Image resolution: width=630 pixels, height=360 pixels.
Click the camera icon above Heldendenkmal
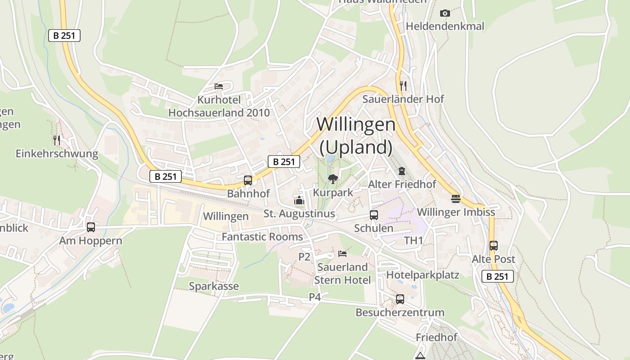click(445, 13)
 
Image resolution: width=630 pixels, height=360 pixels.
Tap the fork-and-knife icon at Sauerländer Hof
click(403, 85)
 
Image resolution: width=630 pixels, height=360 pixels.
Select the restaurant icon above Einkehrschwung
click(57, 140)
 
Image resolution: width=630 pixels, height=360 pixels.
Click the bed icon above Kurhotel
click(219, 86)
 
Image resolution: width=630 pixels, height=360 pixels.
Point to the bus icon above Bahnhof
click(247, 180)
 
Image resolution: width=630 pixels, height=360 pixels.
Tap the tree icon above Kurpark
click(333, 179)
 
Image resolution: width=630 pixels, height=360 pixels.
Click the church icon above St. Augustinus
click(299, 200)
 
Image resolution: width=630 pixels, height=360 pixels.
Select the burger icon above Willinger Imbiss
click(456, 198)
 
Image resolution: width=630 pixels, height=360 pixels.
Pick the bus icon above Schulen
click(373, 215)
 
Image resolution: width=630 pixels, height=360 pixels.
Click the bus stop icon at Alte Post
click(494, 246)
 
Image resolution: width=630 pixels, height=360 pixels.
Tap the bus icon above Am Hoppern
click(91, 227)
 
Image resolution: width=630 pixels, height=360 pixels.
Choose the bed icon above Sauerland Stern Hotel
click(342, 254)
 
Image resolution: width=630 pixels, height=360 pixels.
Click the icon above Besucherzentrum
click(400, 299)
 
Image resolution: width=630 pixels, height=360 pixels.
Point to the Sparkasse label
click(214, 286)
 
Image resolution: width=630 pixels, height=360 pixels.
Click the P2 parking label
click(305, 257)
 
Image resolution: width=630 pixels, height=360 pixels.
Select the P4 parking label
click(315, 297)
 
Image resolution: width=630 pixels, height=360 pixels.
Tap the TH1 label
click(414, 241)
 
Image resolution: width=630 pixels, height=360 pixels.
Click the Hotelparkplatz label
click(423, 275)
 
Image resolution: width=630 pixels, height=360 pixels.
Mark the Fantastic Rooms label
click(262, 237)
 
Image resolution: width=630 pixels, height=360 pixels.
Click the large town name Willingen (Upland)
click(356, 135)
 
